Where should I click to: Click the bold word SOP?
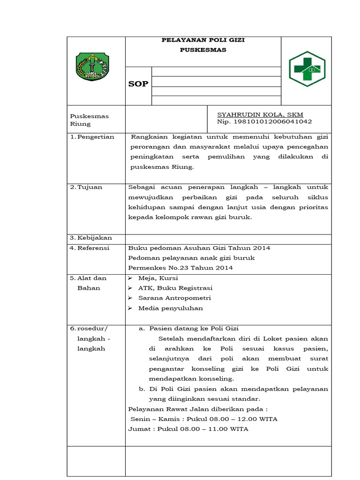[x=138, y=84]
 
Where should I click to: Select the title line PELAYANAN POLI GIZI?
[x=203, y=40]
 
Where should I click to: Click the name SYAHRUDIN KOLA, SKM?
[x=260, y=114]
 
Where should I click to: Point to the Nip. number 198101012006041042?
[x=264, y=122]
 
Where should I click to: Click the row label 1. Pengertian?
[x=92, y=137]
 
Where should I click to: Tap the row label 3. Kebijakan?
[x=91, y=238]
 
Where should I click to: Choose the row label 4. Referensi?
[x=90, y=248]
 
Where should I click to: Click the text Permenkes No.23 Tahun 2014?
[x=180, y=268]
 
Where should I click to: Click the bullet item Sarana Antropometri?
[x=174, y=298]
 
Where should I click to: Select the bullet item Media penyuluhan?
[x=170, y=308]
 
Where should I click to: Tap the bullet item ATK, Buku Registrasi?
[x=175, y=288]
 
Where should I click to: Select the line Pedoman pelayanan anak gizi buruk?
[x=192, y=258]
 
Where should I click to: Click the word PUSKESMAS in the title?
[x=203, y=50]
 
